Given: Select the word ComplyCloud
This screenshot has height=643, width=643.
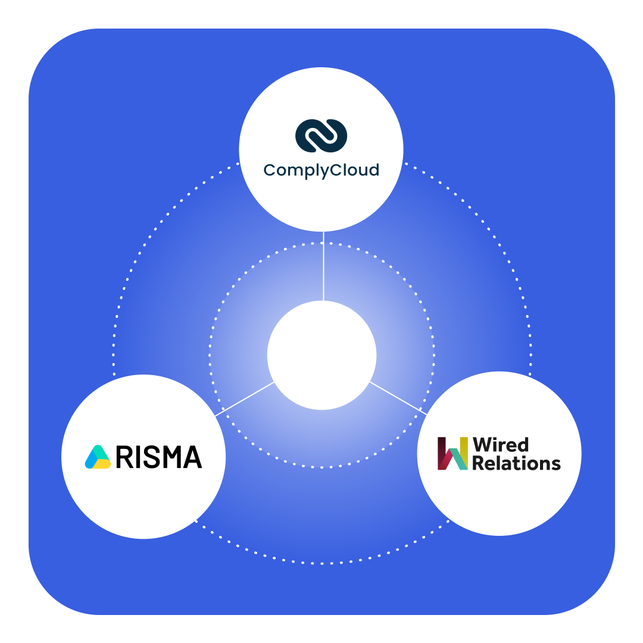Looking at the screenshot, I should pos(321,171).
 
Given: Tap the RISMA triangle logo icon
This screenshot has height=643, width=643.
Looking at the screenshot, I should pos(98,457).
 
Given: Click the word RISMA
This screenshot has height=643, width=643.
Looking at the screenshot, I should pos(159,457).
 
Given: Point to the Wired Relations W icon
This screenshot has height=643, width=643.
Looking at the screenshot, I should pos(452,454).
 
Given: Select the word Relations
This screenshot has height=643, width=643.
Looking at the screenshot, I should pos(516,463).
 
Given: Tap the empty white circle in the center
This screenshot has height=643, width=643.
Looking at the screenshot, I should pos(321,355).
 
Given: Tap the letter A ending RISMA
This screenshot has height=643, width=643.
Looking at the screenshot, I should pos(192,457).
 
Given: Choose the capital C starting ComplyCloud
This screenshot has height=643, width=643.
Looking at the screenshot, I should pos(270,170).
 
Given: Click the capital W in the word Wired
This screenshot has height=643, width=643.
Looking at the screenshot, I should pos(482,445).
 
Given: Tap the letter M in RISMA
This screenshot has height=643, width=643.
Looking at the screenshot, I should pos(171,457).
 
